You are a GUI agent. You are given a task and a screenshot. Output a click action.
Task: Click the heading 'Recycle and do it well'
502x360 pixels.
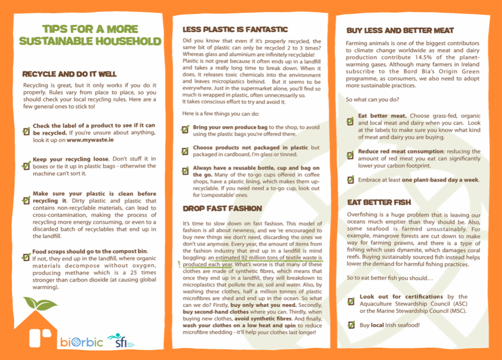(x=69, y=74)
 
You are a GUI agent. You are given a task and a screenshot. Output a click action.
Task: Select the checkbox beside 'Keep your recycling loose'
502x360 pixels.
(x=26, y=165)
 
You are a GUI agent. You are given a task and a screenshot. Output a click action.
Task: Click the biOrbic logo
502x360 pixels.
(x=82, y=342)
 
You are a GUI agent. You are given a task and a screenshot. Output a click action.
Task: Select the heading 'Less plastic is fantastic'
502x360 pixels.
(x=235, y=29)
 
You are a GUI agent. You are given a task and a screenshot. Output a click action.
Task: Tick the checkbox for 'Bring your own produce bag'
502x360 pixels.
(x=185, y=129)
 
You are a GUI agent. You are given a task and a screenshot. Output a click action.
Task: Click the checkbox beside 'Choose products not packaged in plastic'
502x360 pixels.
(x=185, y=151)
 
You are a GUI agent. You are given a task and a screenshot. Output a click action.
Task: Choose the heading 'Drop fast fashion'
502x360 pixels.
(x=222, y=209)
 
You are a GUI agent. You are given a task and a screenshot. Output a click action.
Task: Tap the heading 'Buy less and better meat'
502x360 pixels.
(x=400, y=30)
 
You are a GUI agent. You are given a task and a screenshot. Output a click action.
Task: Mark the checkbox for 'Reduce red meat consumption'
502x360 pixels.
(x=351, y=154)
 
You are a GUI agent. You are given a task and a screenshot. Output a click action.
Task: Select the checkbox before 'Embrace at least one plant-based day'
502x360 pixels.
(x=351, y=180)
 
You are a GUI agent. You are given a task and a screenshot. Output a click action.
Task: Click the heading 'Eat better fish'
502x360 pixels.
(x=379, y=202)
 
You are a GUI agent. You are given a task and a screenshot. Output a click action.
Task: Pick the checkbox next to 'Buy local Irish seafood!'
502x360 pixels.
(x=351, y=325)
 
